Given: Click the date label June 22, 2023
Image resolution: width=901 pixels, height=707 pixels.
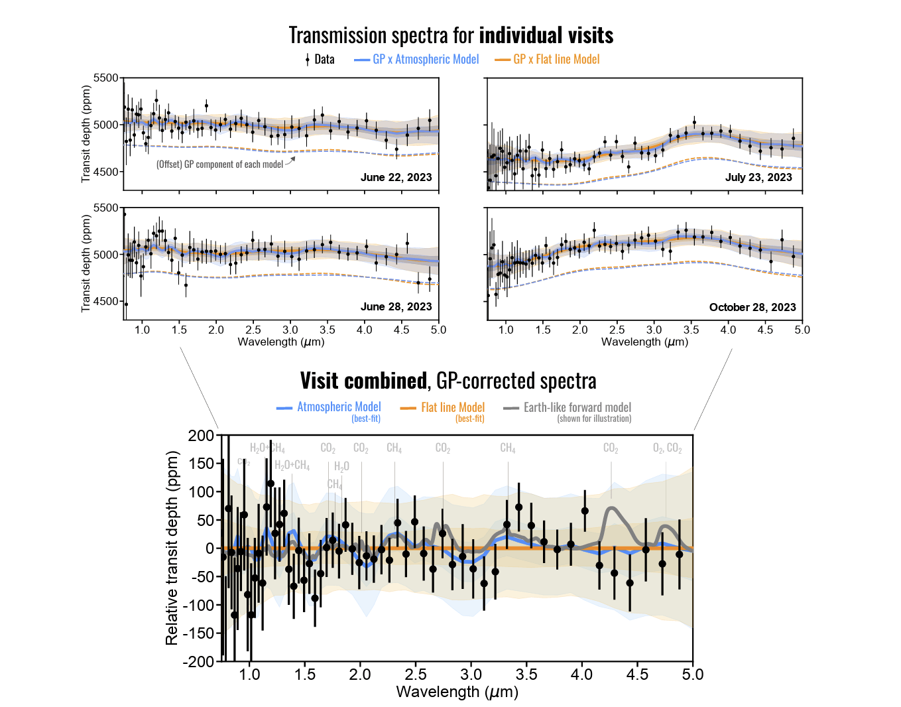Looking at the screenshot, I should tap(396, 177).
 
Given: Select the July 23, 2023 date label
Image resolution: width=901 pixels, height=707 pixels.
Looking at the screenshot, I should tap(758, 177).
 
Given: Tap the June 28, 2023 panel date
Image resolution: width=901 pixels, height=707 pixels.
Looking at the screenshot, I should tap(396, 306).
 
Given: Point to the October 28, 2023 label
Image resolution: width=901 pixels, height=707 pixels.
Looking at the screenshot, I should tap(752, 307).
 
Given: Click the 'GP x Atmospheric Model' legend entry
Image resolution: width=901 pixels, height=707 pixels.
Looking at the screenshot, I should tap(425, 59).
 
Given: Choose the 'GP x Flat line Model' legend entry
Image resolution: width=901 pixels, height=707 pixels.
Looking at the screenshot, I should tap(556, 59).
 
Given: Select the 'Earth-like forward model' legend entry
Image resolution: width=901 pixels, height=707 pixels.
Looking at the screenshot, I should tap(577, 407).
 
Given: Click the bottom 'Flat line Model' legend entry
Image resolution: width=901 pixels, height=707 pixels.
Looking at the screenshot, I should tap(452, 407).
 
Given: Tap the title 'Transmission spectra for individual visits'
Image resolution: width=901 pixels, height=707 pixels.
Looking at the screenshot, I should tap(451, 34).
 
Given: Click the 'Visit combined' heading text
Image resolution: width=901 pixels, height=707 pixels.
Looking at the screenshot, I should tap(363, 381).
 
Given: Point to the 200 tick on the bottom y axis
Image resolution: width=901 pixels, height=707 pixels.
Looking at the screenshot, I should tap(201, 436).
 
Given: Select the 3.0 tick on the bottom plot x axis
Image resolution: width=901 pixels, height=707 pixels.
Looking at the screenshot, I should tap(471, 675).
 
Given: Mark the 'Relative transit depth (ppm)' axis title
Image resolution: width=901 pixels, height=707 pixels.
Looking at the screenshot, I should tap(172, 548).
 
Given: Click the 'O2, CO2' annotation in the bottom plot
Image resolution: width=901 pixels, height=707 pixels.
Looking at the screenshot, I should tap(667, 448).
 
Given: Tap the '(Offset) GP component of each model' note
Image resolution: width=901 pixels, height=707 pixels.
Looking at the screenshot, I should tap(219, 164).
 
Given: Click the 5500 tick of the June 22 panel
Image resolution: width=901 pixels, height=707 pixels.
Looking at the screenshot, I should tap(106, 78).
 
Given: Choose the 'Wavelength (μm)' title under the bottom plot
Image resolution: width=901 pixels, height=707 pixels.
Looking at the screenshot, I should tap(457, 692).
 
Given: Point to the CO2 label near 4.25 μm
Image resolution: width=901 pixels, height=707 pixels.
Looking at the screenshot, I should tap(611, 448).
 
